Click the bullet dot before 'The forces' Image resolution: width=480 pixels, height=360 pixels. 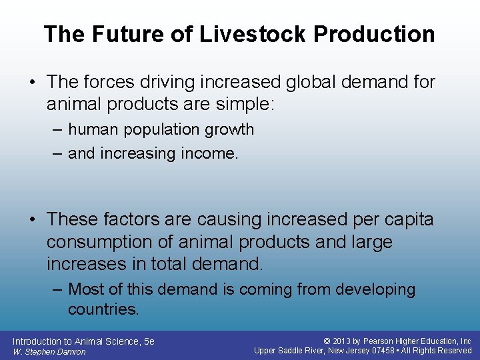[x=33, y=83]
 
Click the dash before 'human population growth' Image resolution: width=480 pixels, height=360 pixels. [x=57, y=129]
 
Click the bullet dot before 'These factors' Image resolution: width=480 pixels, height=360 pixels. [x=33, y=219]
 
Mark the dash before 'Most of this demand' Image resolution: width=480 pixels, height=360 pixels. [x=57, y=289]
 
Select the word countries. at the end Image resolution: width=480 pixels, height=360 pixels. [x=103, y=309]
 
